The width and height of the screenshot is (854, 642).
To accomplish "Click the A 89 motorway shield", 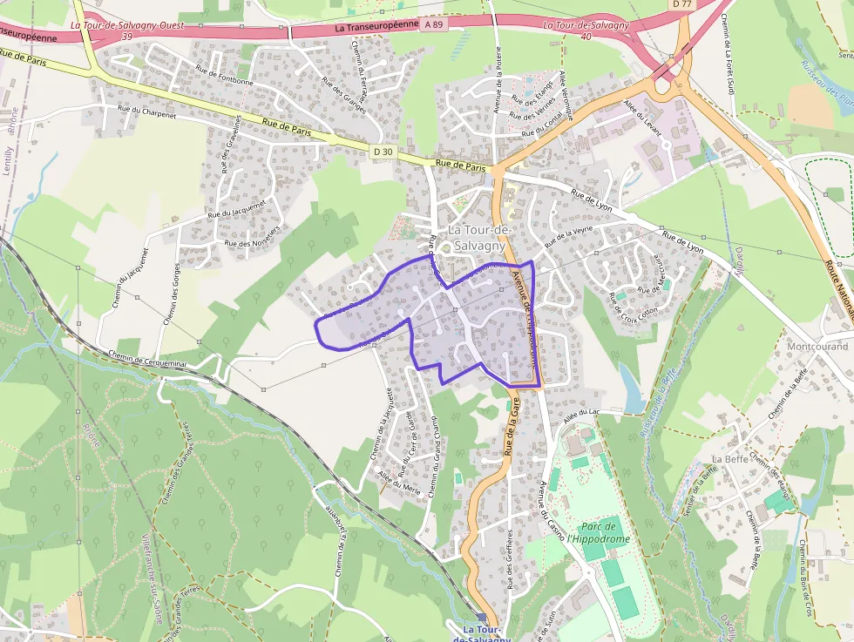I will click(434, 25).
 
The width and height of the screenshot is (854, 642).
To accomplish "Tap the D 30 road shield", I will click(383, 152).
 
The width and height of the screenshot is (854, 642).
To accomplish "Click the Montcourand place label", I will click(817, 346).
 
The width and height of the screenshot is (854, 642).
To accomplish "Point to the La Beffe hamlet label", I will click(729, 459).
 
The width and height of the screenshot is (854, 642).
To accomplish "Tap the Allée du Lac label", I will click(583, 417).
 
